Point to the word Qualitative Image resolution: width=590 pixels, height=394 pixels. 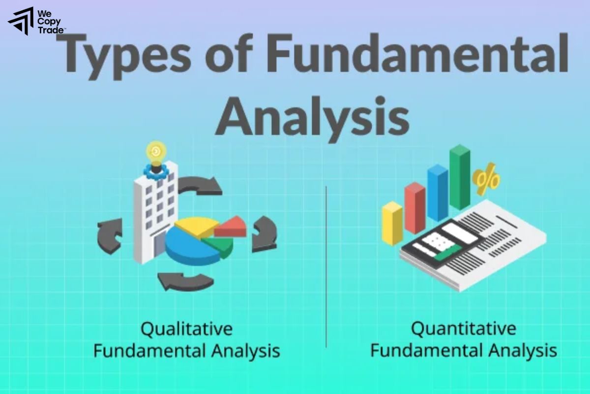click(x=186, y=328)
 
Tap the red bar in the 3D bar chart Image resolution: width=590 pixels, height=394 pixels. click(x=414, y=207)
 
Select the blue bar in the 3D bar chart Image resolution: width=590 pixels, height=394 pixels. click(x=437, y=192)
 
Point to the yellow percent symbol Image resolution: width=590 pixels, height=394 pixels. click(x=486, y=181)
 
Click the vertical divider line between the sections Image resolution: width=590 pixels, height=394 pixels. click(x=326, y=266)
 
